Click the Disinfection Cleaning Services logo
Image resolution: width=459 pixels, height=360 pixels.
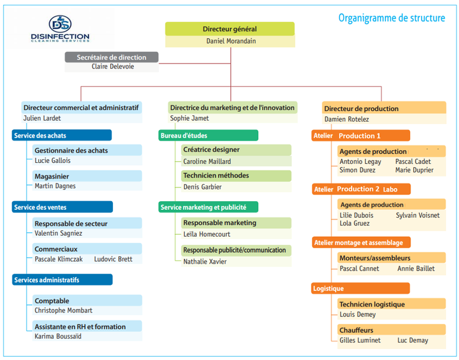60,30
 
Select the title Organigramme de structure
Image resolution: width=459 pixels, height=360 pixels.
391,18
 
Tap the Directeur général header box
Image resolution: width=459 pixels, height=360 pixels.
229,29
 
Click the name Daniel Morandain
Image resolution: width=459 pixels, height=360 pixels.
229,41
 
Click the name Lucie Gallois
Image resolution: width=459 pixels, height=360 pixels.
53,161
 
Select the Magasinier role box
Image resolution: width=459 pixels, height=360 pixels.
87,175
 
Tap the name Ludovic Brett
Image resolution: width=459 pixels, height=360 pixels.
113,259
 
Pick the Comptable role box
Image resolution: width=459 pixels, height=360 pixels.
87,300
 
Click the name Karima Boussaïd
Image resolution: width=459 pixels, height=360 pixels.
59,336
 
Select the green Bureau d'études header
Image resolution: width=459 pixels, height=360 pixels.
208,135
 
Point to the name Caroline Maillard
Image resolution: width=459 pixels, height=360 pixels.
207,162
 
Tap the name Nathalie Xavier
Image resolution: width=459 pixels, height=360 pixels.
204,262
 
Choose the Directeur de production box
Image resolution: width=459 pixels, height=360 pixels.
384,108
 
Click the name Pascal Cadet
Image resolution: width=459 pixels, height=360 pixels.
413,162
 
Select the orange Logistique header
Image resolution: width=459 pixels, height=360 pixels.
360,288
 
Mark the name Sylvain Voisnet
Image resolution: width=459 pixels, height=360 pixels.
418,216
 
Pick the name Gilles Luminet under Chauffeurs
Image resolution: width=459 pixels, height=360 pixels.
360,341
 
